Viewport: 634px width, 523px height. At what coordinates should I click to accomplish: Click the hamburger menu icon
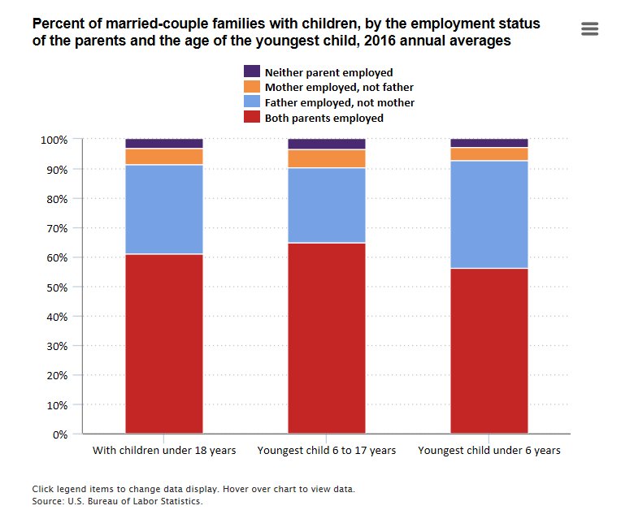(x=590, y=29)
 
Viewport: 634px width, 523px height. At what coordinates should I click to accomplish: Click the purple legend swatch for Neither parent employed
(x=252, y=72)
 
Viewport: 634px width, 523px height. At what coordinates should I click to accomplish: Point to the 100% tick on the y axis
(x=54, y=140)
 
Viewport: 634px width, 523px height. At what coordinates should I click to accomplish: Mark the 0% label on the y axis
(x=59, y=434)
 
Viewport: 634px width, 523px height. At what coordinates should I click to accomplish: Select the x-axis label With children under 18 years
(x=164, y=450)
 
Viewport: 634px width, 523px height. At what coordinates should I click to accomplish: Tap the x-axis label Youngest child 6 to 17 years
(x=327, y=450)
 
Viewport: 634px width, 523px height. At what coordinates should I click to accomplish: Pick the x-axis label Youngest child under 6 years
(x=489, y=450)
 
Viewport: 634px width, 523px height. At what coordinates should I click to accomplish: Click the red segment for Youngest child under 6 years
(x=489, y=349)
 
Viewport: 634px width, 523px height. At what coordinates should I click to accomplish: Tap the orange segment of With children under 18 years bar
(x=164, y=157)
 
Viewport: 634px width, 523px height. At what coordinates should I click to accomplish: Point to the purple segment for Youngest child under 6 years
(x=489, y=143)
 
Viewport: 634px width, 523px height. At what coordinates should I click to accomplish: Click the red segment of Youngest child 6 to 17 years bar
(x=327, y=337)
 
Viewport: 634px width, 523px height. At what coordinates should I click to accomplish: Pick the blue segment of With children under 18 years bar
(x=164, y=209)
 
